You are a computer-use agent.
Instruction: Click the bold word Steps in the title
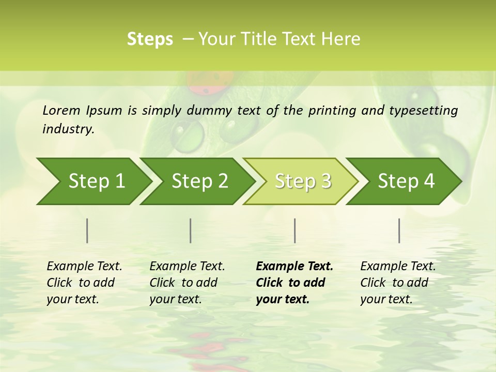150,39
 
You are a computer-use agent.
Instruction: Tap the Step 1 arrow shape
93,181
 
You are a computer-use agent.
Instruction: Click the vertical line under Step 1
87,230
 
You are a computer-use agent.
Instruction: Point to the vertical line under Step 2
191,230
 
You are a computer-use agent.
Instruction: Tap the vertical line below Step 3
295,230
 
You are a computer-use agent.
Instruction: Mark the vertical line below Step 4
399,230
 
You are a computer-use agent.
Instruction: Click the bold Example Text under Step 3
295,267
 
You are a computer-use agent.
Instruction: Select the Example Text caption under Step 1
84,267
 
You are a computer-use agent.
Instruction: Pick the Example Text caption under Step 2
187,267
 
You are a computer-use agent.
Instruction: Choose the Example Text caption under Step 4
398,267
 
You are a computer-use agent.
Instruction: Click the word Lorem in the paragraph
61,111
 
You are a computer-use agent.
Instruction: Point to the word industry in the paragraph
68,129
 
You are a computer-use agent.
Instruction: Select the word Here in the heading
344,39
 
